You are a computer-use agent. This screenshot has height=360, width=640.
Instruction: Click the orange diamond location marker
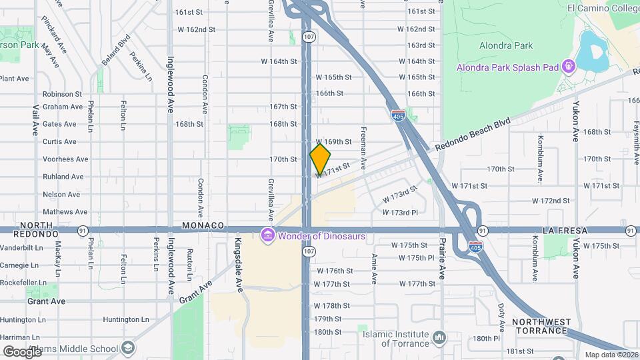tap(320, 159)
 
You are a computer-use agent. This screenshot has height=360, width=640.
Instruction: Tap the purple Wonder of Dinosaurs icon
tap(268, 235)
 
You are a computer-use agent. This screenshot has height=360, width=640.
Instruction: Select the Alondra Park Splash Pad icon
tap(568, 67)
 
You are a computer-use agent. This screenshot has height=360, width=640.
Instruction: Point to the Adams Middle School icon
tap(127, 347)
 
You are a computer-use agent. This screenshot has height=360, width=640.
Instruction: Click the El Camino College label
tap(603, 8)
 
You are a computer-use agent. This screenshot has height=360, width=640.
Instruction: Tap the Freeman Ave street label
tap(363, 148)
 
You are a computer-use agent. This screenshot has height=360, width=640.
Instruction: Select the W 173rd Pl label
tap(399, 212)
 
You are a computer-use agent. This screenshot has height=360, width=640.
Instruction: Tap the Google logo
tap(22, 351)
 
